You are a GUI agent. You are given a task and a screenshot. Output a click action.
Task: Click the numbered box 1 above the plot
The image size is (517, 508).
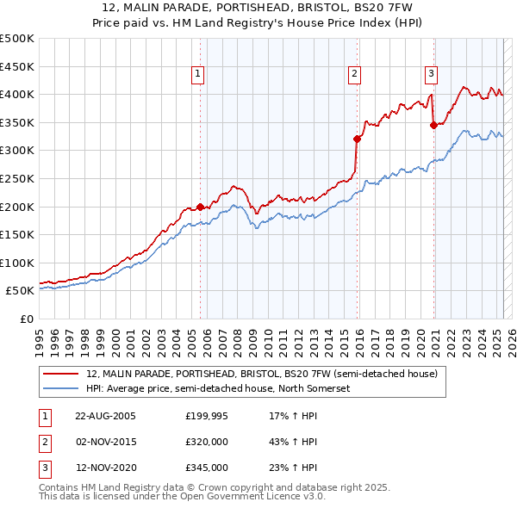pyautogui.click(x=199, y=75)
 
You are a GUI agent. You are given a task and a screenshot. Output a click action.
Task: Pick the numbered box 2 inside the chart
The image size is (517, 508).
pyautogui.click(x=354, y=75)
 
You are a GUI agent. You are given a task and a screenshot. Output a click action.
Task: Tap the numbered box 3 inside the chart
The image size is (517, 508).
pyautogui.click(x=431, y=75)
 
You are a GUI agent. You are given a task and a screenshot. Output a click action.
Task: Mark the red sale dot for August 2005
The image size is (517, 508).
pyautogui.click(x=201, y=207)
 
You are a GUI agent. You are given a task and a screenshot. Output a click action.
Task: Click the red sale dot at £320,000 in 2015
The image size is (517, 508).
pyautogui.click(x=357, y=139)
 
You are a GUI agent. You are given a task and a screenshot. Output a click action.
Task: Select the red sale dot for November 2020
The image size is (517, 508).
pyautogui.click(x=433, y=125)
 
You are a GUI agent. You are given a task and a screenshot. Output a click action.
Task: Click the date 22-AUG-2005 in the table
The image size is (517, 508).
pyautogui.click(x=104, y=416)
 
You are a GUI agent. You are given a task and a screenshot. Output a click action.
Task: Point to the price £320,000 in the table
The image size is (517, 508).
pyautogui.click(x=207, y=443)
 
